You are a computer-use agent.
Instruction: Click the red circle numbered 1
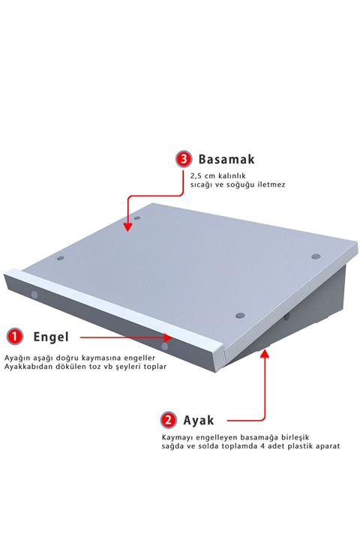15,337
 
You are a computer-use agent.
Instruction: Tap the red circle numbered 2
169,420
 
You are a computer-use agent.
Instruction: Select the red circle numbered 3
184,159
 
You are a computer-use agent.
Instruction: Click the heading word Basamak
226,159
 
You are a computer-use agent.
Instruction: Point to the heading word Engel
51,337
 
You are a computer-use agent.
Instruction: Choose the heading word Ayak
199,420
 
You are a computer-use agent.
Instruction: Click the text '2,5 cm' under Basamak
203,176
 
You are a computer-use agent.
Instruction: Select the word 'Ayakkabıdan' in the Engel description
29,367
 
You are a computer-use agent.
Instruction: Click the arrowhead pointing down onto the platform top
127,226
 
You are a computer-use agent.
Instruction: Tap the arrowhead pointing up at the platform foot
264,354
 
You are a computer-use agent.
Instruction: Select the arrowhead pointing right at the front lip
168,337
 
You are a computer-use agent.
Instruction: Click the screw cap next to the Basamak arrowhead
137,218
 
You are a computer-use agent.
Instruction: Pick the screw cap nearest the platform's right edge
316,256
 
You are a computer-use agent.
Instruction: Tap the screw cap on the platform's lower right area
240,316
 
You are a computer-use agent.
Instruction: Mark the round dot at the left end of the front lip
34,295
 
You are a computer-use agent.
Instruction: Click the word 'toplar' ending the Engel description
155,367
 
